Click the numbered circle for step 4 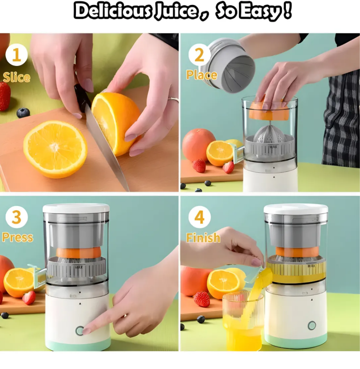click(x=199, y=217)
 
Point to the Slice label click(x=17, y=77)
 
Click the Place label click(x=202, y=75)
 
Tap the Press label click(x=18, y=237)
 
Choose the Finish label click(x=203, y=238)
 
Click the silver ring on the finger click(x=174, y=99)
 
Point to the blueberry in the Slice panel click(x=23, y=113)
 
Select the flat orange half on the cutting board click(x=55, y=148)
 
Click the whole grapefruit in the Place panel click(x=198, y=144)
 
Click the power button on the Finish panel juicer click(x=312, y=325)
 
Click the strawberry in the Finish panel click(x=202, y=299)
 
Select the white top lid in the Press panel click(x=76, y=208)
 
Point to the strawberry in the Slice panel click(x=5, y=96)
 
